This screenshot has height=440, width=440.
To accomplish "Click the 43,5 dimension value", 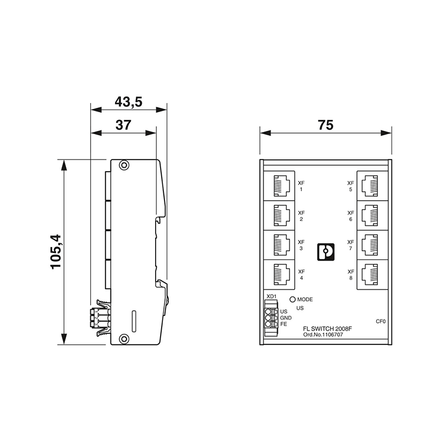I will pyautogui.click(x=128, y=102).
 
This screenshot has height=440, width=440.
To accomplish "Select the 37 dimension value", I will pyautogui.click(x=123, y=125).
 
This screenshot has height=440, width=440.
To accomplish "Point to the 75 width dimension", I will pyautogui.click(x=326, y=125).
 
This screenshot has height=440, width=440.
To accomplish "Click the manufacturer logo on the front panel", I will pyautogui.click(x=326, y=251).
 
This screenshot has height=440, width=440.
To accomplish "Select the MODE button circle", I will pyautogui.click(x=293, y=300).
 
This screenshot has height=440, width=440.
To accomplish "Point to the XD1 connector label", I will pyautogui.click(x=271, y=297).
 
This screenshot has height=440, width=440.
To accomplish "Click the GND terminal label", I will pyautogui.click(x=285, y=318).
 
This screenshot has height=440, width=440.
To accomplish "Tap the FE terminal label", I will pyautogui.click(x=284, y=324).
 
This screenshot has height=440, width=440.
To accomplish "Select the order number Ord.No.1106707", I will pyautogui.click(x=326, y=334).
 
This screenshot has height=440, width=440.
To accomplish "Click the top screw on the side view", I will pyautogui.click(x=125, y=165).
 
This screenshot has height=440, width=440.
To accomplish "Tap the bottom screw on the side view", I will pyautogui.click(x=125, y=339).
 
